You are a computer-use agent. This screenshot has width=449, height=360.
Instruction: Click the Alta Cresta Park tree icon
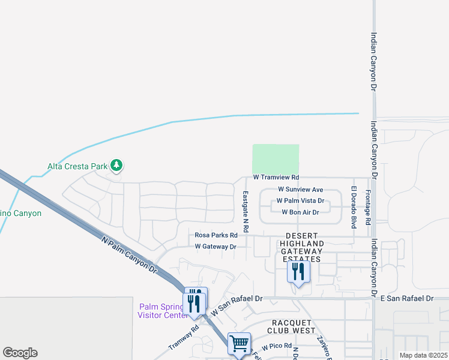click(x=116, y=165)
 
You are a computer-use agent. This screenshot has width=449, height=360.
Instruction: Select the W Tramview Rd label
click(x=276, y=178)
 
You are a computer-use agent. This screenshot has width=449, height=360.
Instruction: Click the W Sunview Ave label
click(x=300, y=190)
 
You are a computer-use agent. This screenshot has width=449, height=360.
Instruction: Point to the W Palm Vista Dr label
click(x=300, y=201)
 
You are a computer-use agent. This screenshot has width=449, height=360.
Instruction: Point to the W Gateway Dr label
click(x=215, y=247)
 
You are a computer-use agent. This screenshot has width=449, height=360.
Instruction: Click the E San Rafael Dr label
click(x=407, y=298)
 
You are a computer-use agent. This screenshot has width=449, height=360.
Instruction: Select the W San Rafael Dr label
click(x=237, y=306)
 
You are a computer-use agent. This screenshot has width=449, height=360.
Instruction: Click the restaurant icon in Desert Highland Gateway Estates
click(x=298, y=272)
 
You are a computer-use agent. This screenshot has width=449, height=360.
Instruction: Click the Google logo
click(x=20, y=353)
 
